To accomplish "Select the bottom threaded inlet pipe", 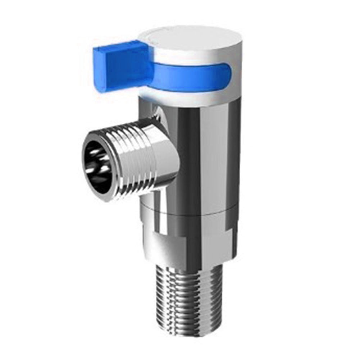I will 187,306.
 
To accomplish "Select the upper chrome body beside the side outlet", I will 205,151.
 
